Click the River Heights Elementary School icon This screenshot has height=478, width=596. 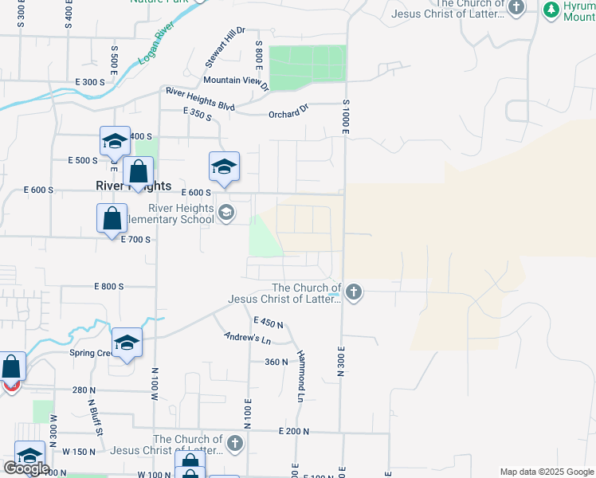coord(226,212)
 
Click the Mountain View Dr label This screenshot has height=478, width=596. coord(236,81)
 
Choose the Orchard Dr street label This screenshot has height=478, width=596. coord(288,112)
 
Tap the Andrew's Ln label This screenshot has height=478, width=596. coord(248,339)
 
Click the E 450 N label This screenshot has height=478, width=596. coord(269,322)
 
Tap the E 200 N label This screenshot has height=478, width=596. coord(294,431)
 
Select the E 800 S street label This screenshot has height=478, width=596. coord(109,286)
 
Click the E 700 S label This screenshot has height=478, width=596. coord(135,239)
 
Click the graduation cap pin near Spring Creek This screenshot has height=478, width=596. coord(127,343)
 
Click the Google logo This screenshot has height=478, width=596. coord(25,468)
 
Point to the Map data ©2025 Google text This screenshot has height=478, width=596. coord(546,472)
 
